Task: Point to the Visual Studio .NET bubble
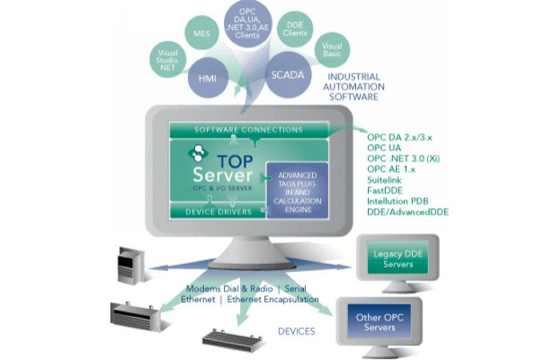point(170,59)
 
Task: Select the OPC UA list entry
point(387,148)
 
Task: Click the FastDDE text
point(387,192)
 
